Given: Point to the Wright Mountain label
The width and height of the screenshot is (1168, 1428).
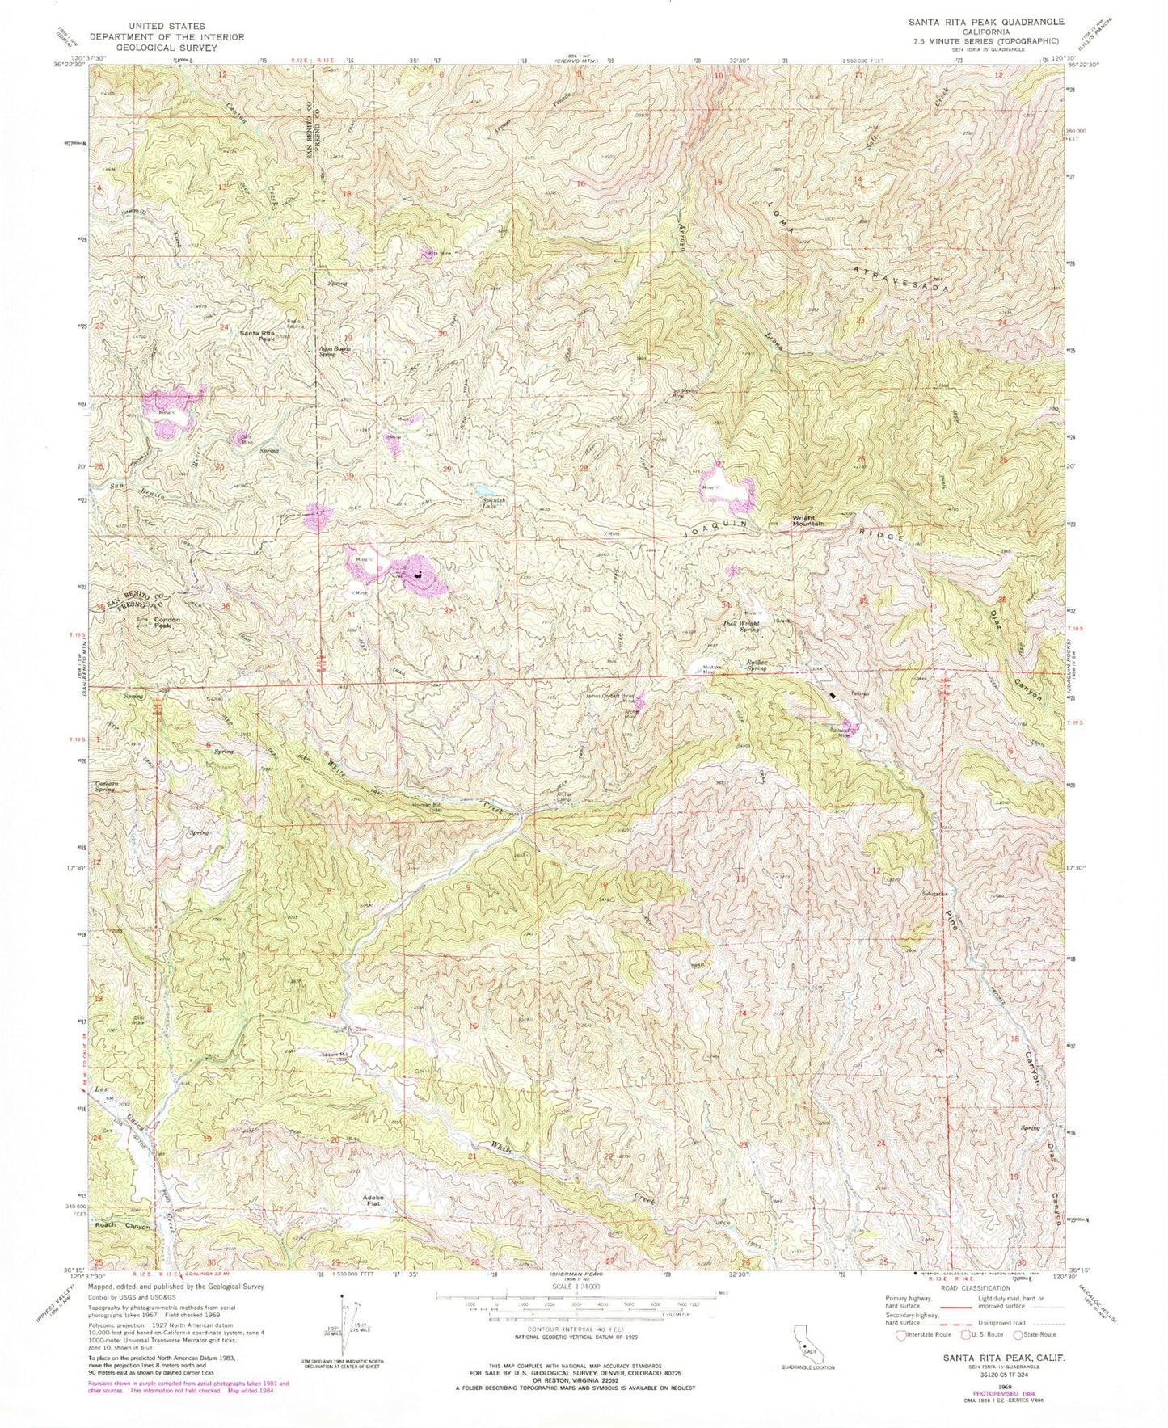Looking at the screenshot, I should (807, 520).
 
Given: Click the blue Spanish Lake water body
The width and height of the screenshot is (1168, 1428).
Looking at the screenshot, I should (483, 489).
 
